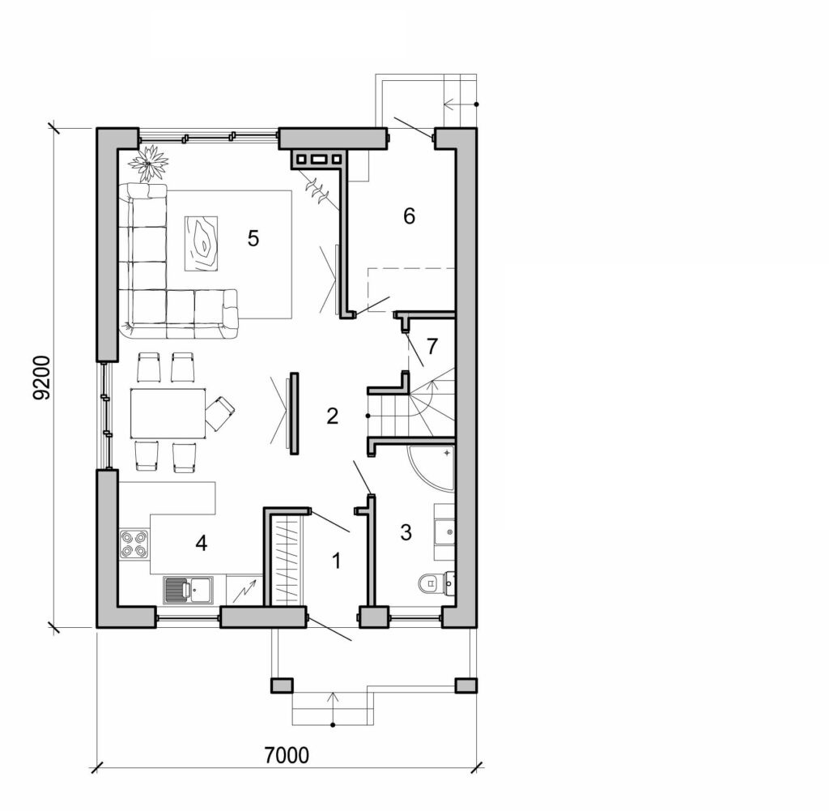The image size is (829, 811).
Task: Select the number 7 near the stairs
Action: pyautogui.click(x=432, y=346)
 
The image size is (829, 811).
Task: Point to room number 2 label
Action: pyautogui.click(x=332, y=416)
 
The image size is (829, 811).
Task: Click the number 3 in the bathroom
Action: pyautogui.click(x=406, y=532)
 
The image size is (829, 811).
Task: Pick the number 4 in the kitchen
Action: pyautogui.click(x=201, y=543)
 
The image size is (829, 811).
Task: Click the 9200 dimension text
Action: pyautogui.click(x=43, y=378)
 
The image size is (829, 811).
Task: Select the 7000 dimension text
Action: pyautogui.click(x=287, y=756)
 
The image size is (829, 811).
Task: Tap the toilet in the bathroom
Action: pyautogui.click(x=436, y=582)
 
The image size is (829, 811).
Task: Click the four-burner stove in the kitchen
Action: pyautogui.click(x=134, y=544)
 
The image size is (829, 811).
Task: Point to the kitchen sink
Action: pyautogui.click(x=187, y=591)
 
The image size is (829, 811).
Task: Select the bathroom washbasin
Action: pyautogui.click(x=444, y=531)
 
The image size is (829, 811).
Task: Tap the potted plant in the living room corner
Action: pyautogui.click(x=149, y=163)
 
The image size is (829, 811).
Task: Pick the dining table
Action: pyautogui.click(x=168, y=414)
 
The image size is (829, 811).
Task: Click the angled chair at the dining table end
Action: pyautogui.click(x=219, y=413)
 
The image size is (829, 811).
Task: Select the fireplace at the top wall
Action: pyautogui.click(x=317, y=159)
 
